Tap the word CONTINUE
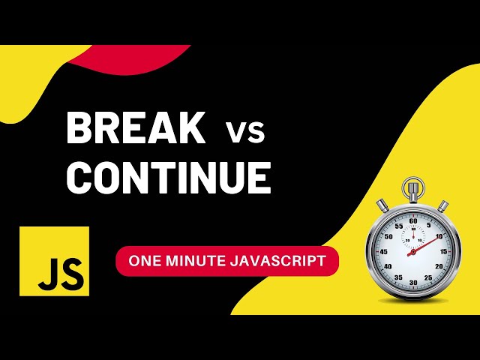168,177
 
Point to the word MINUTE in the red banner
197,261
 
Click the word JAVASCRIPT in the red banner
280,261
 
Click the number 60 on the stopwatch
412,221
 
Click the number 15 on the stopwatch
442,252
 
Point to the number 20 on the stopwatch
438,267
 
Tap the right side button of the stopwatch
444,205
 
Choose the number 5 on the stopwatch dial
427,226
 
